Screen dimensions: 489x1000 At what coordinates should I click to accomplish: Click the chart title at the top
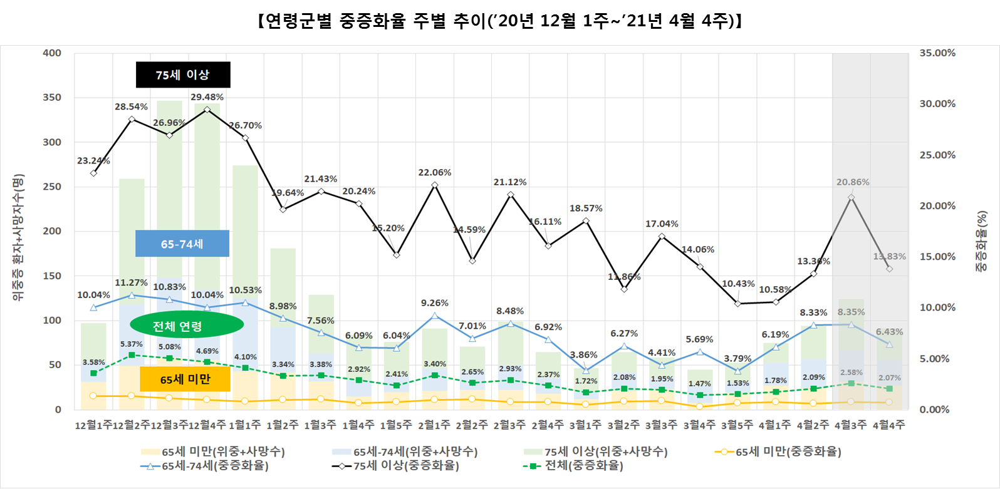click(x=499, y=21)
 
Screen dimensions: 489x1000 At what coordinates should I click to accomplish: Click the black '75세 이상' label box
click(x=183, y=75)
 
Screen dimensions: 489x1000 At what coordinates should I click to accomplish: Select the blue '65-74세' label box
click(x=182, y=244)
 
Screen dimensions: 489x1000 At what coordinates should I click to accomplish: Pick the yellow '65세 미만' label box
click(x=185, y=379)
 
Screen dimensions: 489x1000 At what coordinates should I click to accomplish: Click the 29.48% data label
click(x=207, y=97)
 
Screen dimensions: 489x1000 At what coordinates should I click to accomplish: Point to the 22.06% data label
click(x=434, y=172)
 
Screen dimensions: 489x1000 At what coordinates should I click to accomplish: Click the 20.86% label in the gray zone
click(x=853, y=182)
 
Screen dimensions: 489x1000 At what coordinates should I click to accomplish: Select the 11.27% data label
click(x=131, y=283)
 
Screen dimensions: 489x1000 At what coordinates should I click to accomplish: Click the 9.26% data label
click(x=434, y=303)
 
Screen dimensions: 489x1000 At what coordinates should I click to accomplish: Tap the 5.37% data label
click(x=131, y=344)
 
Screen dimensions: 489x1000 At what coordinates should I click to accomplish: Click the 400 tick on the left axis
click(x=52, y=53)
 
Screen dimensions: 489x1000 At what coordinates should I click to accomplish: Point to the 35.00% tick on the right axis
click(x=937, y=53)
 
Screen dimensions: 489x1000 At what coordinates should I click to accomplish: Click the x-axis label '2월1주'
click(x=434, y=425)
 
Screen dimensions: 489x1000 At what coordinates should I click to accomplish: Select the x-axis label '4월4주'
click(x=888, y=425)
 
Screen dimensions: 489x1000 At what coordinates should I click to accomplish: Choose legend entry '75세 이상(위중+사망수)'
click(x=605, y=451)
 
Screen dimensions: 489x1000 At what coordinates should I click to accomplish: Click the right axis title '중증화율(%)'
click(x=982, y=241)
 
